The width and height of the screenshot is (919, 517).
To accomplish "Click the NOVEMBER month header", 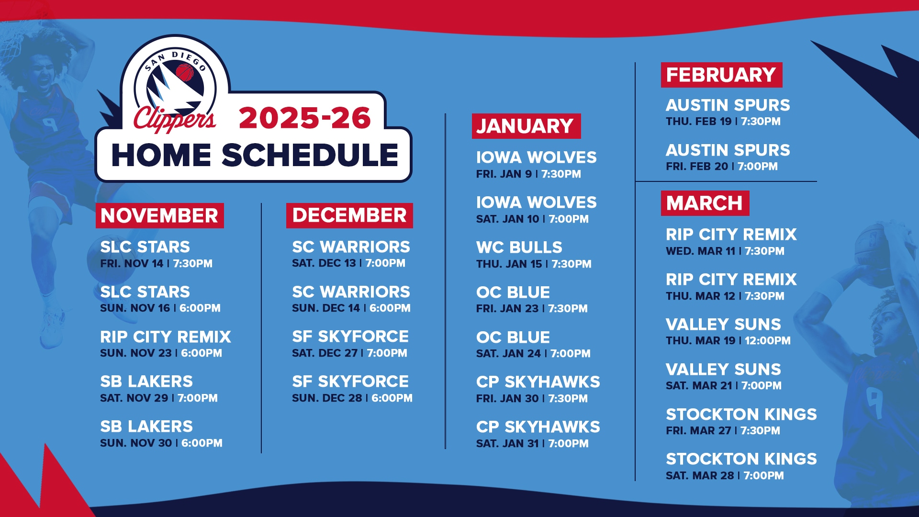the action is [x=159, y=215].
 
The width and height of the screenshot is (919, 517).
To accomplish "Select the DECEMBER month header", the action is [x=349, y=215].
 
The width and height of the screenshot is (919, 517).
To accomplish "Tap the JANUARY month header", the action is [x=526, y=126].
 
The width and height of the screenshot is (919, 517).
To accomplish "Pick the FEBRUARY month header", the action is [x=721, y=75].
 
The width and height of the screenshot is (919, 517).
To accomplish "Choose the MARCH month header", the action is [x=705, y=203].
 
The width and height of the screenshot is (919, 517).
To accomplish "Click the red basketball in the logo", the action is [x=185, y=73].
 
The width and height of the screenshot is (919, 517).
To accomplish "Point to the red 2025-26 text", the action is [x=305, y=118].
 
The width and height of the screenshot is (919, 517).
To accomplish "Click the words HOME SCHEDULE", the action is [x=255, y=155].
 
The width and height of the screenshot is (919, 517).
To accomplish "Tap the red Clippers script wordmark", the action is [x=175, y=118].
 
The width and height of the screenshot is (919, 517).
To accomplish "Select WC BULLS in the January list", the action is [x=519, y=247].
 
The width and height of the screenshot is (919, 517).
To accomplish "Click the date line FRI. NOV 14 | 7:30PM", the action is [x=156, y=264].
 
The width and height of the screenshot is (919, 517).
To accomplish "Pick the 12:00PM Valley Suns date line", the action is [x=728, y=341].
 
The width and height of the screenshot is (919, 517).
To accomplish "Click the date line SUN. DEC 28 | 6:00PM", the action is [x=352, y=398].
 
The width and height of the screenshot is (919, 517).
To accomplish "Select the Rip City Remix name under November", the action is [x=166, y=337].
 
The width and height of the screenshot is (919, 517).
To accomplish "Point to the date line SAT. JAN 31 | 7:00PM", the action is [x=532, y=444].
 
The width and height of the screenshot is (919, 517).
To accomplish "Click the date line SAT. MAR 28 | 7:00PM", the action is [x=725, y=476].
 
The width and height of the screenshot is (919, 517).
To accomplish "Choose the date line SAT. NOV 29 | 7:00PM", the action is [x=159, y=398].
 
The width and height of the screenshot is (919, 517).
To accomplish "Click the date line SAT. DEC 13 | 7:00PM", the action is [x=348, y=263].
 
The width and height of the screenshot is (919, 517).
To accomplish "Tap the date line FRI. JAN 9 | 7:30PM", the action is [x=528, y=174].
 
